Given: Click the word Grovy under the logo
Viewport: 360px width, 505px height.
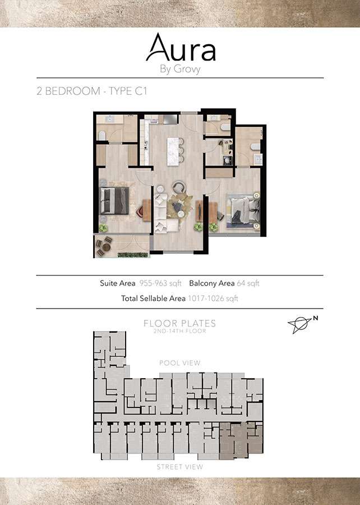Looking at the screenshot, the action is click(187, 69).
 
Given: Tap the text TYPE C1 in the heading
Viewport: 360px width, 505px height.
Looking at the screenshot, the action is click(128, 91).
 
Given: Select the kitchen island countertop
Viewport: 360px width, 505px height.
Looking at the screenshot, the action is click(173, 151).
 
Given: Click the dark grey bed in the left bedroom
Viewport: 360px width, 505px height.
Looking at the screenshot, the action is click(114, 201).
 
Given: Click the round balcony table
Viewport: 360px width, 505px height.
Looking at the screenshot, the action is click(106, 247).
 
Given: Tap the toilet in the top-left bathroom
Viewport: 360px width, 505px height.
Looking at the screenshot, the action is click(102, 135).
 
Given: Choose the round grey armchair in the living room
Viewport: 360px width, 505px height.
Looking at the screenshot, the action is click(178, 187).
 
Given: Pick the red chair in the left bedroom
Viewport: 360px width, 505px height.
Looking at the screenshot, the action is click(140, 212).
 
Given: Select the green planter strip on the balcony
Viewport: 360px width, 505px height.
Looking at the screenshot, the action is click(132, 255).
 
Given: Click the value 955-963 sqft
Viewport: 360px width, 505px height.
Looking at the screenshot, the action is click(160, 283).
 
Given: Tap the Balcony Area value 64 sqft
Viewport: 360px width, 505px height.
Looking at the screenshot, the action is click(248, 283).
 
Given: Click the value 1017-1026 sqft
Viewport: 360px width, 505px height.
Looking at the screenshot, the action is click(213, 299).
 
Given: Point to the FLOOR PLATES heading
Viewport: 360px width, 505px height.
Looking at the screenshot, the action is click(179, 323).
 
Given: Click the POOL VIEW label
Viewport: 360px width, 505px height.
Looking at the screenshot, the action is click(180, 363).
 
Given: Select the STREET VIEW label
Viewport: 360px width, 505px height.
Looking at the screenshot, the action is click(179, 467).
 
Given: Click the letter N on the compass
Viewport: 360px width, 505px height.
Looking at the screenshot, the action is click(316, 318).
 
